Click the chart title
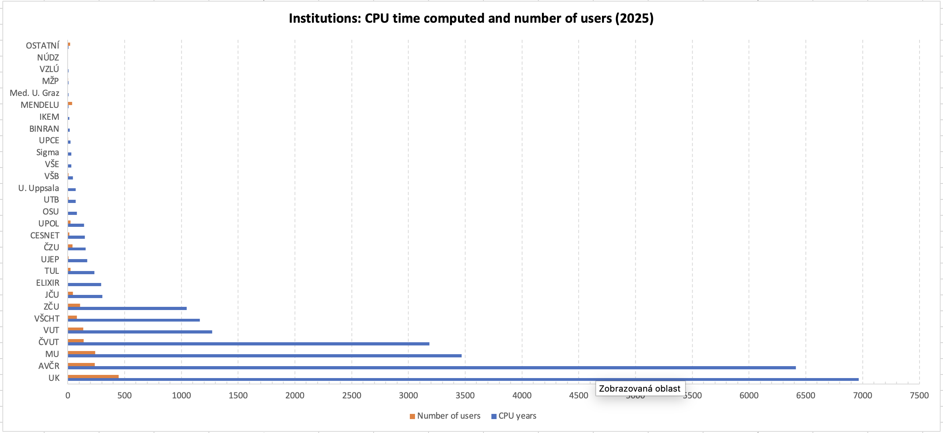(471, 18)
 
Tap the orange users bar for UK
(93, 376)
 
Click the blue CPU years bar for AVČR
(432, 368)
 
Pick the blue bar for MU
(265, 356)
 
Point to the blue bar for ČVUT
(249, 344)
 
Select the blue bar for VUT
(140, 332)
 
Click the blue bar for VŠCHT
(134, 320)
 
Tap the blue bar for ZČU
(127, 308)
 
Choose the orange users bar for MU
(82, 353)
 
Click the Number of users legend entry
(445, 416)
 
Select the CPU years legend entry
(514, 416)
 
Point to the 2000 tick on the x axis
(295, 396)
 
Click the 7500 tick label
(919, 396)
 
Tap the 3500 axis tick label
(465, 396)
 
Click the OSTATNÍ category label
(43, 46)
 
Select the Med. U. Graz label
(35, 93)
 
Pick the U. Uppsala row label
(39, 188)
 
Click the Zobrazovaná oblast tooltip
(640, 389)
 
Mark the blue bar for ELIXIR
(84, 285)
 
